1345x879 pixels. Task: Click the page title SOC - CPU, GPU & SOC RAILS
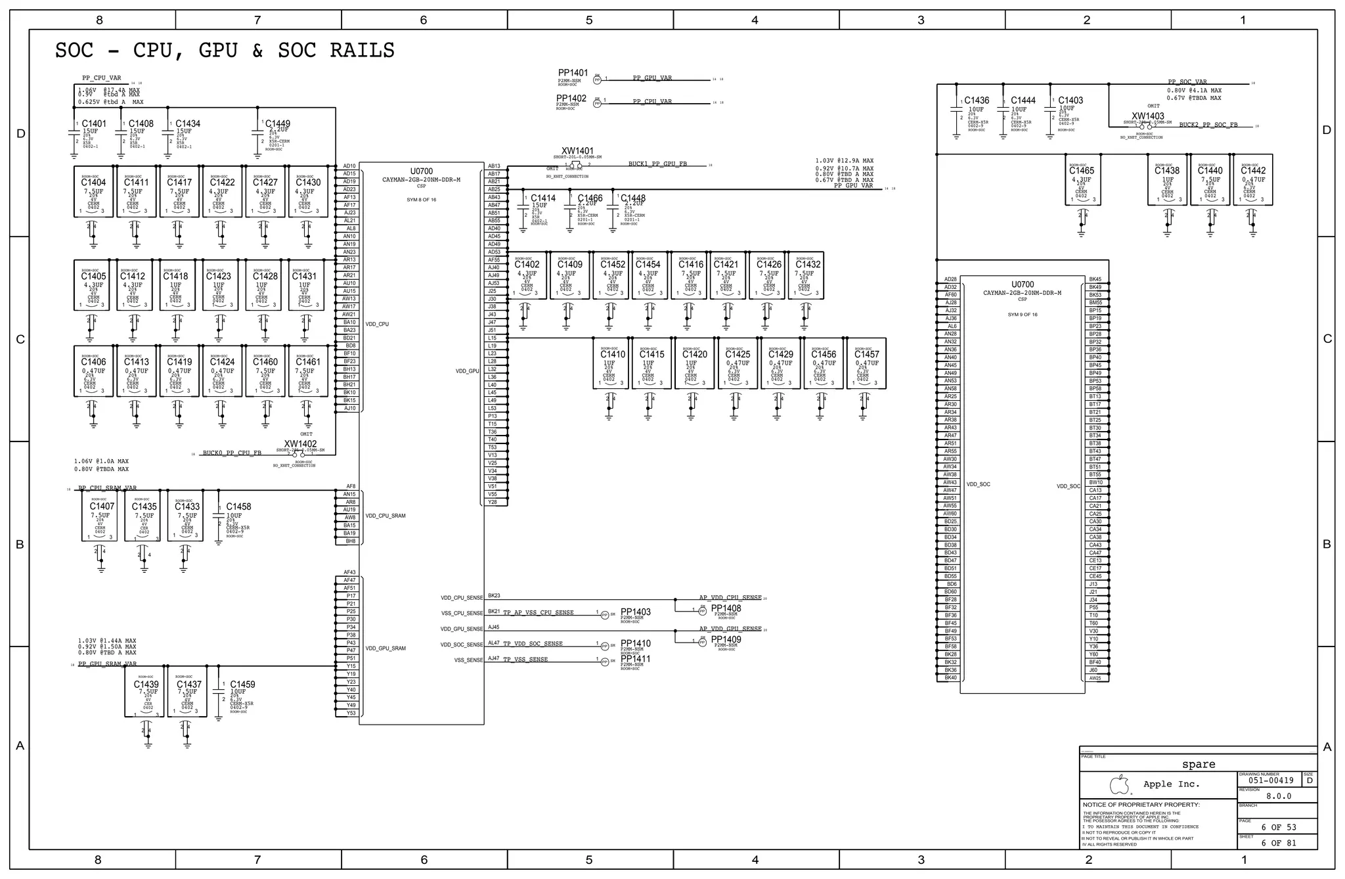point(225,51)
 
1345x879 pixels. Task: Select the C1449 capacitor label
point(278,124)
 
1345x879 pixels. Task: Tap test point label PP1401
point(573,73)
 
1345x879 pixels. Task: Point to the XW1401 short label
point(577,151)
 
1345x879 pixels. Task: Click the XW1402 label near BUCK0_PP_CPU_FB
point(300,444)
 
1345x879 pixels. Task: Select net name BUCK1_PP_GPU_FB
point(657,164)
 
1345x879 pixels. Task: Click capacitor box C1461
point(308,372)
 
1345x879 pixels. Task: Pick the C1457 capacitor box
point(866,364)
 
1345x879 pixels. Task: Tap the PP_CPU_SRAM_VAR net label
point(108,488)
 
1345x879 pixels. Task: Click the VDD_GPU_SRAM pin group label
point(386,648)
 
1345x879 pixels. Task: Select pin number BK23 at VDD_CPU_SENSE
point(494,596)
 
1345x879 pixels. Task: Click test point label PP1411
point(635,659)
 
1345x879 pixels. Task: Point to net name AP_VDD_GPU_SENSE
point(730,629)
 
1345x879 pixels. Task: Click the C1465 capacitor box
point(1082,180)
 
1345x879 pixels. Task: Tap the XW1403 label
point(1147,116)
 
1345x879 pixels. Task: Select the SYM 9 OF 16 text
point(1022,315)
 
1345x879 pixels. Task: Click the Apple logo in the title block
point(1120,784)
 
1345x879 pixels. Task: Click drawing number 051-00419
point(1270,780)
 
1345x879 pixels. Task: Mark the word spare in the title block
point(1198,764)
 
